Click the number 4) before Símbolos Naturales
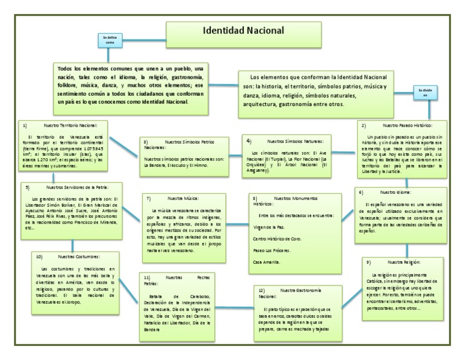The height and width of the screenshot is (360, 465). [249, 140]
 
